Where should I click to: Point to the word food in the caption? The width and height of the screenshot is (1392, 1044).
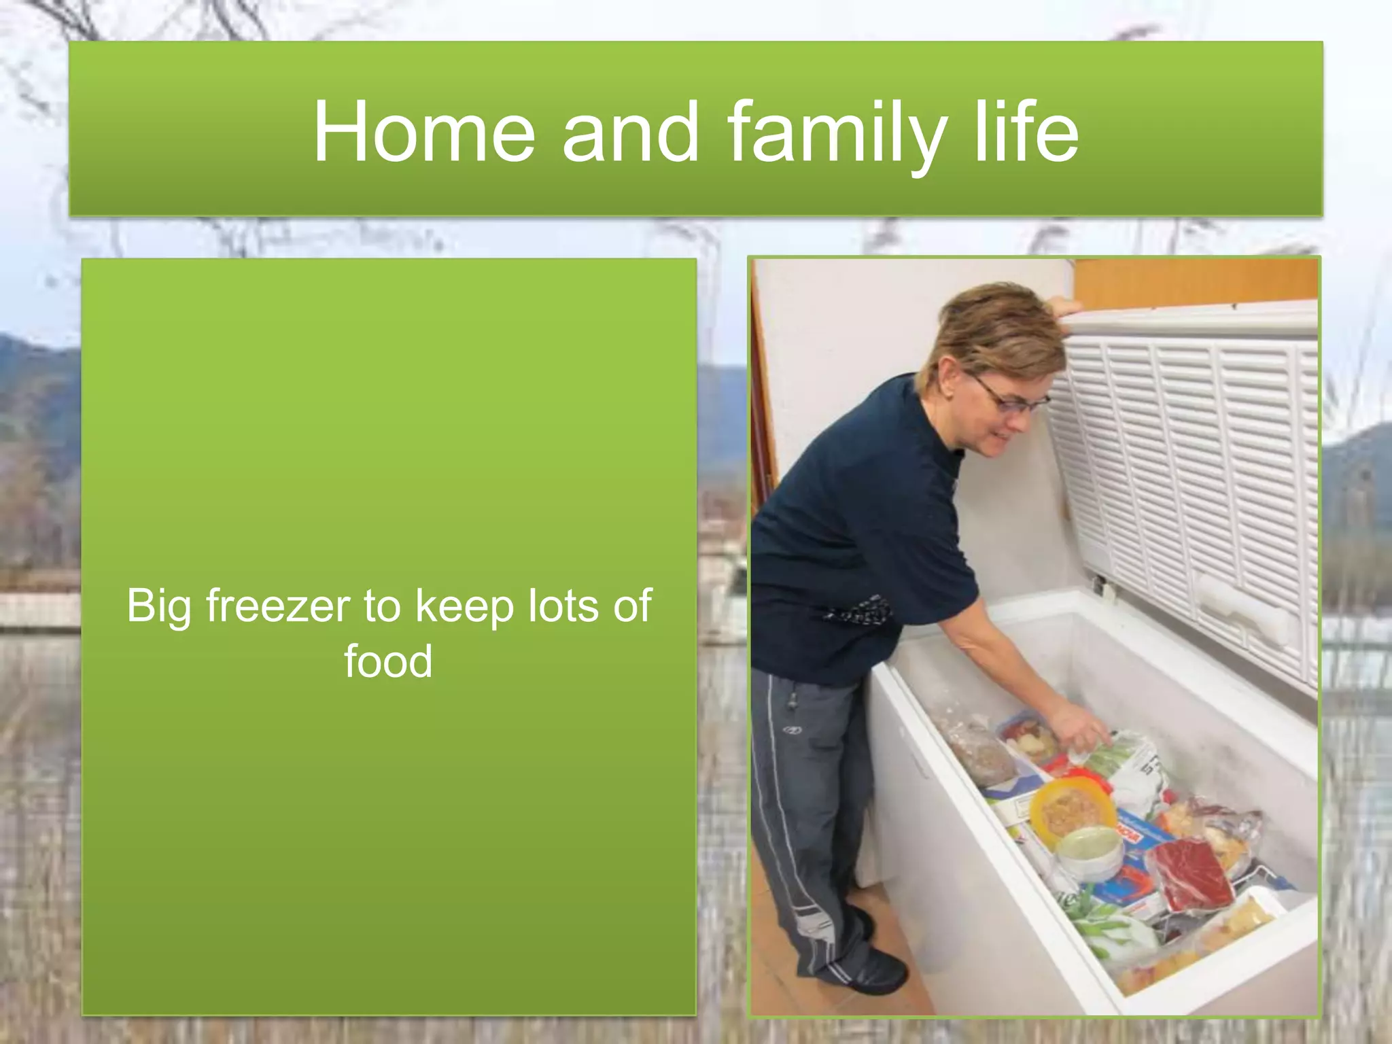click(388, 661)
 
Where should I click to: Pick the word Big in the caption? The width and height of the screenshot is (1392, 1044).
click(158, 607)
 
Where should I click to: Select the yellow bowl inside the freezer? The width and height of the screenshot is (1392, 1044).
click(1072, 811)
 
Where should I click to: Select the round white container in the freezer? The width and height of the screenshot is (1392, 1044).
click(1090, 852)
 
